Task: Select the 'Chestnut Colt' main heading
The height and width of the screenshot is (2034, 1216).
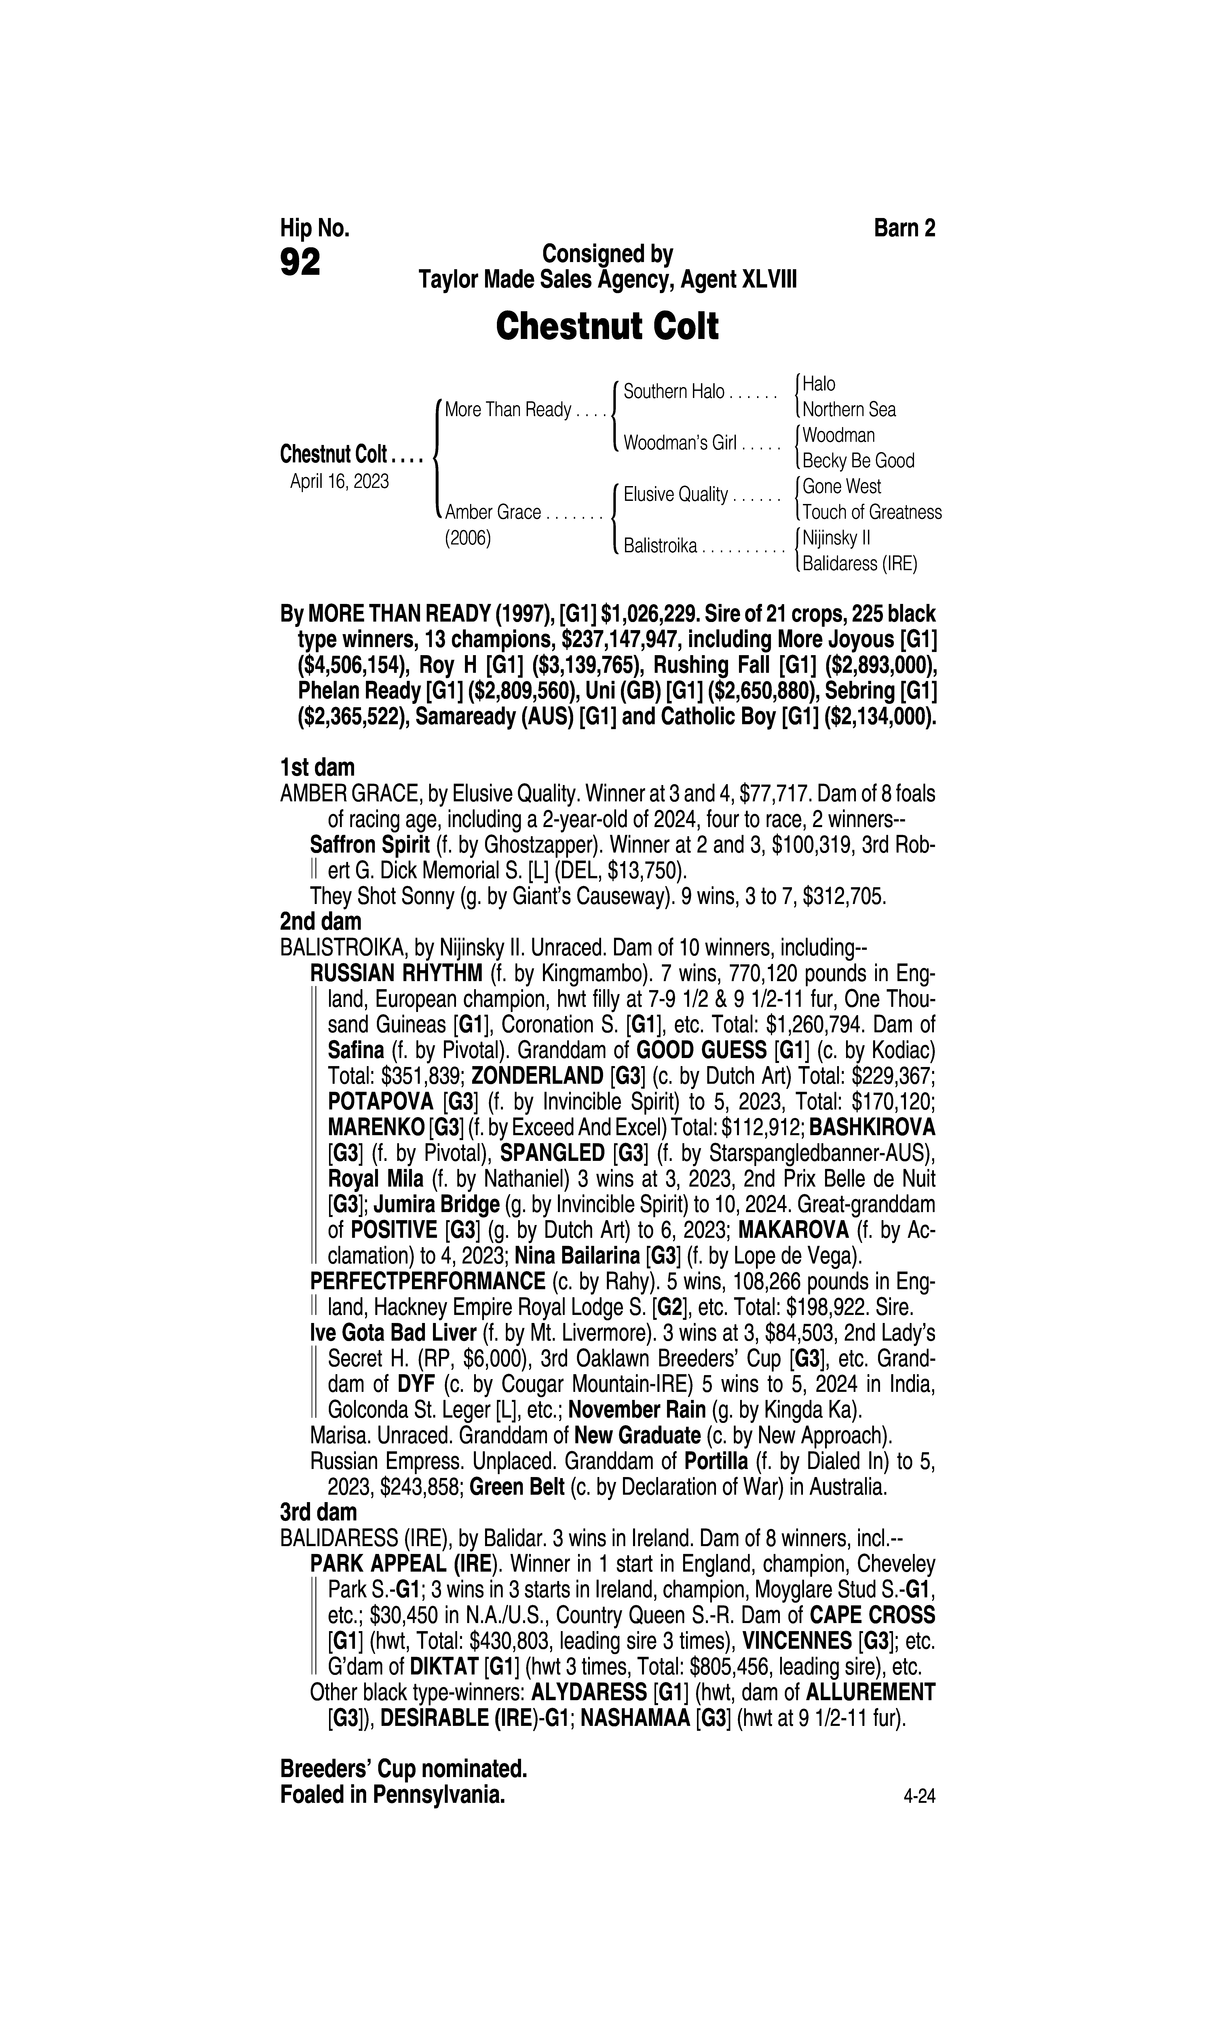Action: tap(607, 326)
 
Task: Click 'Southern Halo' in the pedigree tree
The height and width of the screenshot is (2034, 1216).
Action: tap(673, 392)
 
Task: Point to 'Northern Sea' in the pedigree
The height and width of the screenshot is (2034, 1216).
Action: tap(849, 410)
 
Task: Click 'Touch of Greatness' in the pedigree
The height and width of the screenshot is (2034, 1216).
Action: tap(872, 512)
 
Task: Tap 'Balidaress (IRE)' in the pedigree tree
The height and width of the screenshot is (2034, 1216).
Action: tap(859, 564)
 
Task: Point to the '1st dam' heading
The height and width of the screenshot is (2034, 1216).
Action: tap(317, 768)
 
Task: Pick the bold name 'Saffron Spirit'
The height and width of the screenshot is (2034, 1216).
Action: tap(369, 845)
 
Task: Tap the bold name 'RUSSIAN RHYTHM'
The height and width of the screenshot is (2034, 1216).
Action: tap(396, 974)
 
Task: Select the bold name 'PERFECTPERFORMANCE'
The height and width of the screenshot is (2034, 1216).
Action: tap(428, 1281)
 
